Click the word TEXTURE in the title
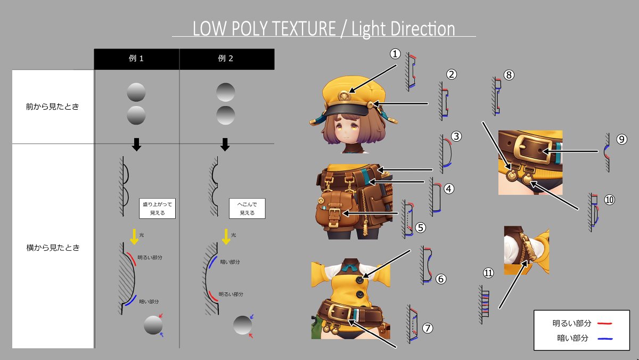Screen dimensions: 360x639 (300, 29)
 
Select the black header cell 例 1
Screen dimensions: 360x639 (136, 59)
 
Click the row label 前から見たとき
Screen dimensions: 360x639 (53, 107)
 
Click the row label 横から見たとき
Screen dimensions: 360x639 (53, 247)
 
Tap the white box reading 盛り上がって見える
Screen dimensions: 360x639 (158, 208)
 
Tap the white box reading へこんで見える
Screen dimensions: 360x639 (248, 208)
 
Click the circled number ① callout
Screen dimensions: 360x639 (395, 54)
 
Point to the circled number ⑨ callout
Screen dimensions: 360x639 (622, 139)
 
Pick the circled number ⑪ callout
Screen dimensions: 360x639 (489, 273)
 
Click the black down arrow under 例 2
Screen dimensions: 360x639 (225, 144)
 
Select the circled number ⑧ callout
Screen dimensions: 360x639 (509, 75)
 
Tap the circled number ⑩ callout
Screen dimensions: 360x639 (609, 199)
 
